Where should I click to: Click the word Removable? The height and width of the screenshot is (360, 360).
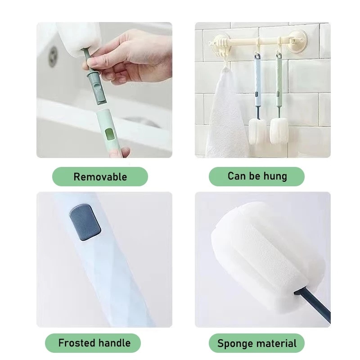pos(100,177)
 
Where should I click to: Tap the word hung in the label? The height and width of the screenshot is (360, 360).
pos(275,176)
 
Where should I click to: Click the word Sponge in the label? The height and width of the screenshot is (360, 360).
pos(235,344)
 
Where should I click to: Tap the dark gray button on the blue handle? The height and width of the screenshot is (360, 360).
pos(85,222)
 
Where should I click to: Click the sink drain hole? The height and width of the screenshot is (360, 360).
pos(53,57)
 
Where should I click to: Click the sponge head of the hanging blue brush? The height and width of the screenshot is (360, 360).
pos(257,131)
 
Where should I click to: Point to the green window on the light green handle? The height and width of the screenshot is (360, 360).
pos(109,135)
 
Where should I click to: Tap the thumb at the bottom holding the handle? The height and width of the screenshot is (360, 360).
pos(119,152)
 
